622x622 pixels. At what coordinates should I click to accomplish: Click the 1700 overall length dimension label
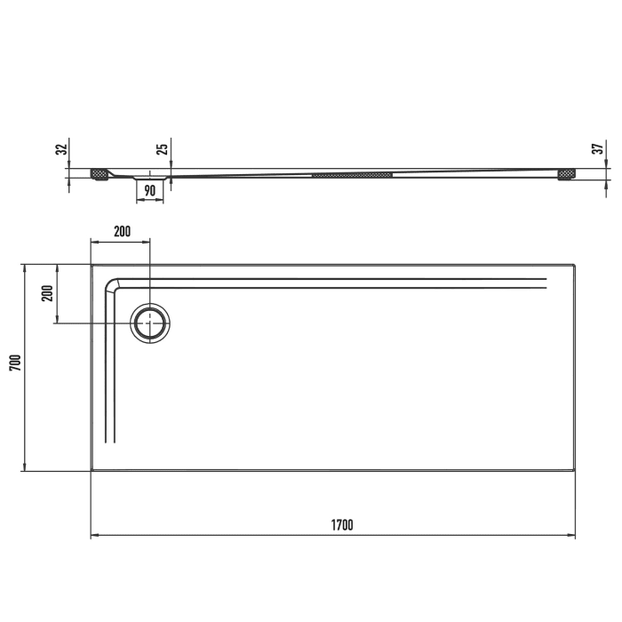[x=342, y=525]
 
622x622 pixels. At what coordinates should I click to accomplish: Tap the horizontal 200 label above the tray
[x=122, y=231]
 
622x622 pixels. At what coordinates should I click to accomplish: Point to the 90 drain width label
[x=149, y=189]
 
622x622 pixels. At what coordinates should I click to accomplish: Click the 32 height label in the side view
[x=60, y=149]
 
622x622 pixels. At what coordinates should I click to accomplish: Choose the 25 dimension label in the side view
[x=162, y=149]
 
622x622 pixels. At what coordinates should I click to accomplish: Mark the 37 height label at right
[x=597, y=149]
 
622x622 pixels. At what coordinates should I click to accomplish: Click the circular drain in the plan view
[x=151, y=323]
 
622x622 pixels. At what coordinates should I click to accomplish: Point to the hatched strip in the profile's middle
[x=352, y=175]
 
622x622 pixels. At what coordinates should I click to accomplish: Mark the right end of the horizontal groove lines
[x=545, y=283]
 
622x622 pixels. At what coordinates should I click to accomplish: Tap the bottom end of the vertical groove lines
[x=110, y=441]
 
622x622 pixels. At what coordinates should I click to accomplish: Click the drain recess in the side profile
[x=149, y=178]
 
